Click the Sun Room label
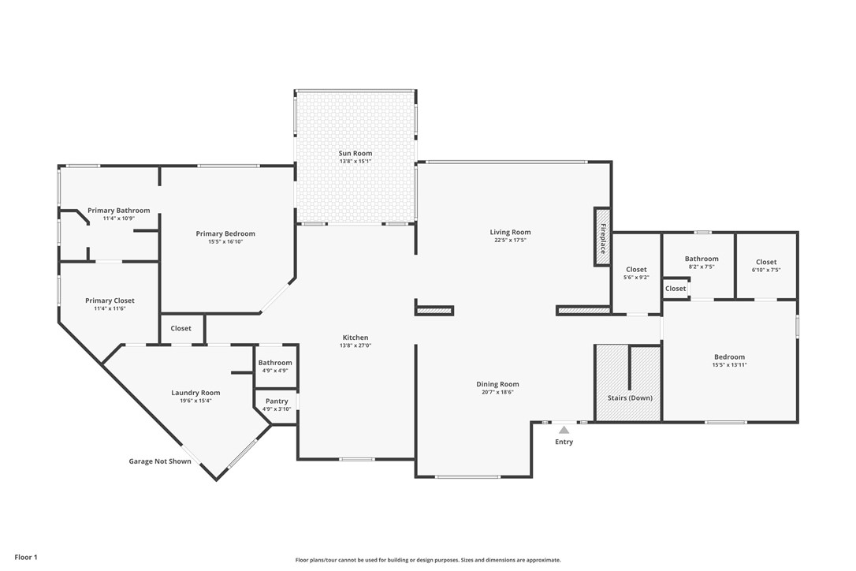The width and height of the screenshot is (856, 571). point(355,153)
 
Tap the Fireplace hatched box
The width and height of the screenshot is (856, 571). point(603,237)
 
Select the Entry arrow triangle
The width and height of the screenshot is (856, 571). point(564,430)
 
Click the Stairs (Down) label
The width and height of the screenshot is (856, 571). point(630,397)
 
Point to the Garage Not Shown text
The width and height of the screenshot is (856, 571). point(160,461)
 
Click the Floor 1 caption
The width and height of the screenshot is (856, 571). point(26,557)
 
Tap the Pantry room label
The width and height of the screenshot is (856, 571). point(277,401)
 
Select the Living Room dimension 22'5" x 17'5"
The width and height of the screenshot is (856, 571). point(510,240)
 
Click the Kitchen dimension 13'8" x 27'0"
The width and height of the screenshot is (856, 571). point(355,345)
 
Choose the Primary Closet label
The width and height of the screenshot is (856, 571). point(110,300)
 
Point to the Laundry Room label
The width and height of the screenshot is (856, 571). point(195,393)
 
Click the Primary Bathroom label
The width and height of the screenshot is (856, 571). point(118,211)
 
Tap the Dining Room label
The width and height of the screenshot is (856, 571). point(497,384)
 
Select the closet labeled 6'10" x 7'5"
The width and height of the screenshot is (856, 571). point(766,266)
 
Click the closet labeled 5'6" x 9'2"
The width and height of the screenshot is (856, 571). point(636,273)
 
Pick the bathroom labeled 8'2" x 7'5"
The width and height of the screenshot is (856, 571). point(702,263)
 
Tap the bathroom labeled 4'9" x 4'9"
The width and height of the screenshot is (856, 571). point(275,366)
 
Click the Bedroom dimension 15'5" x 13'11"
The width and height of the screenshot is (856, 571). point(729,364)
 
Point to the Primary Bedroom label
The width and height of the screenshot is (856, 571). point(225,233)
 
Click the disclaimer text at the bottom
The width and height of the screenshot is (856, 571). point(428,560)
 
